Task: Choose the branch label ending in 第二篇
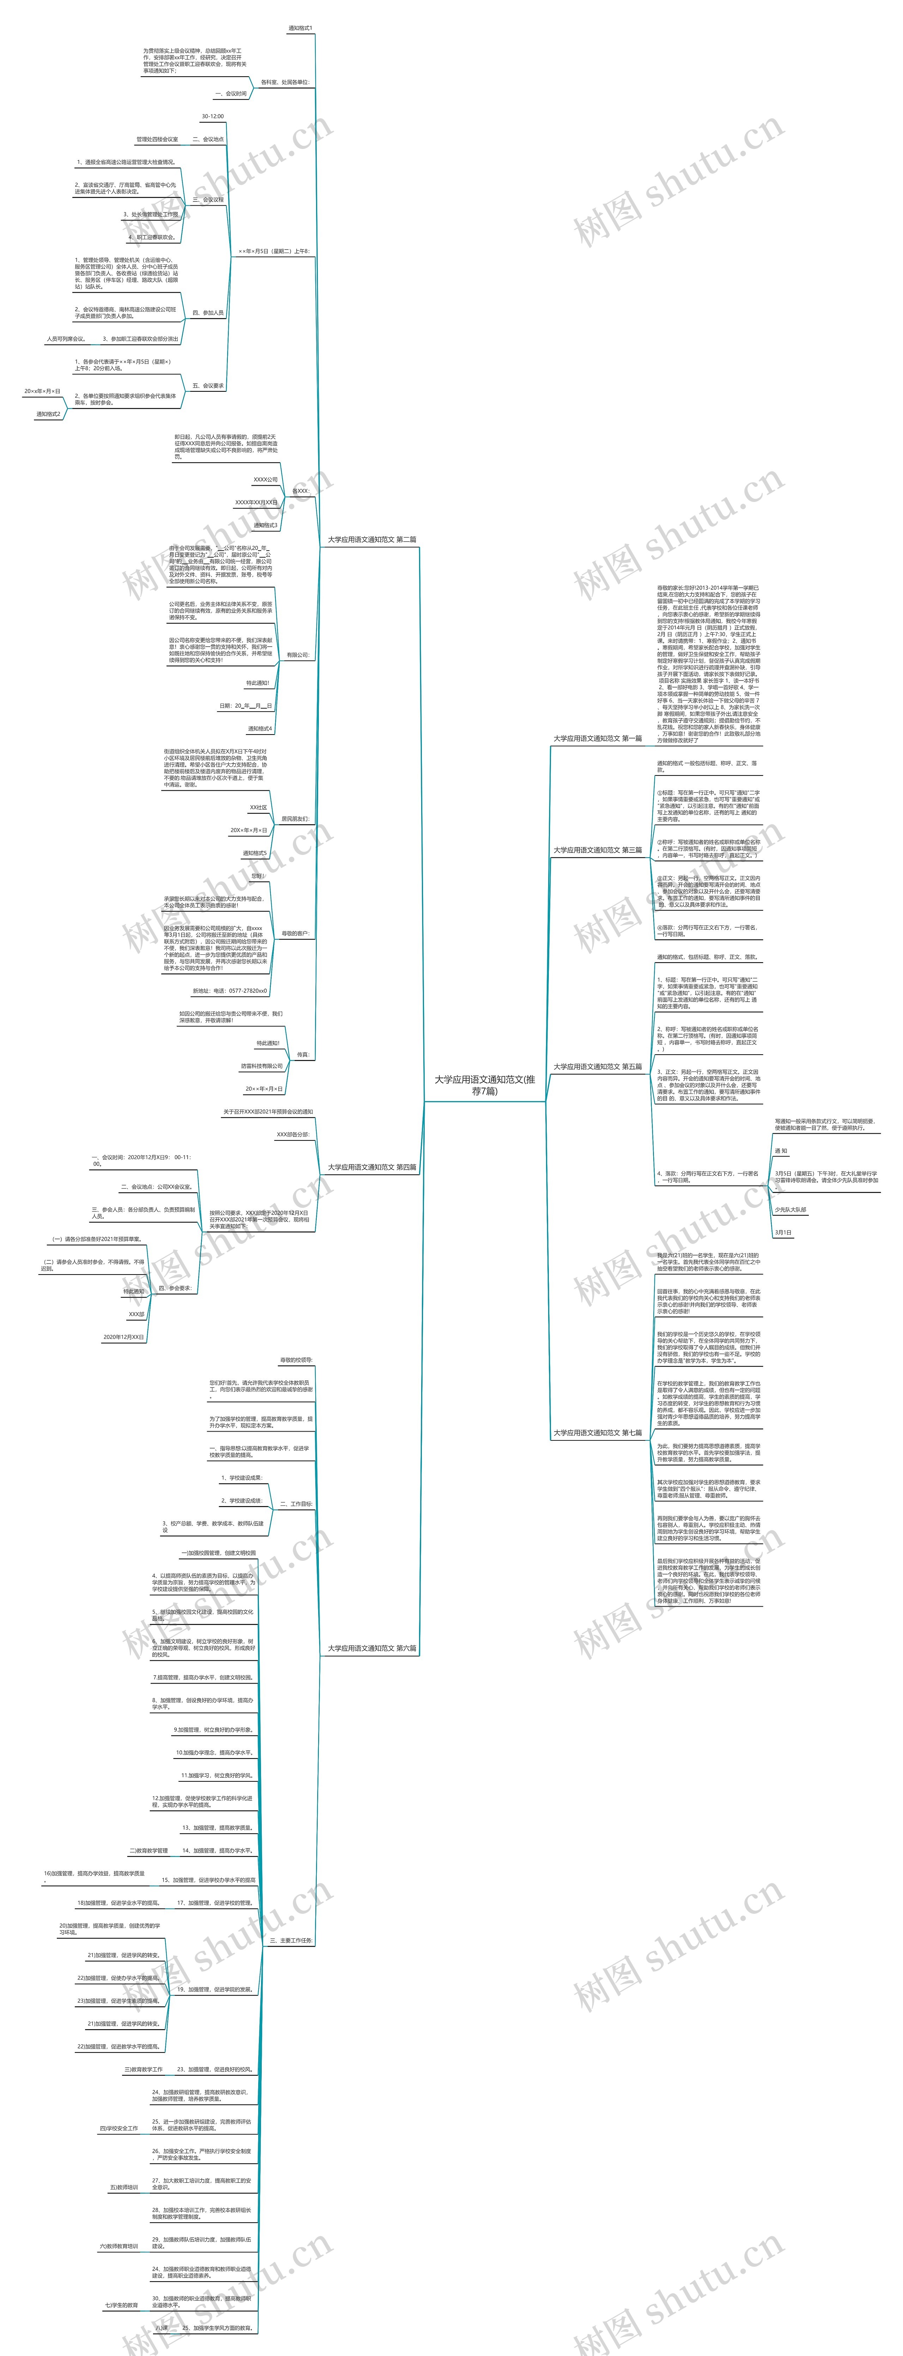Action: tap(372, 540)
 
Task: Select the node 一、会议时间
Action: tap(230, 93)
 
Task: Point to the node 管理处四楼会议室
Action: tap(157, 140)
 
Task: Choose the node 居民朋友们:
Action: tap(294, 820)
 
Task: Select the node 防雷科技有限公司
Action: tap(261, 1066)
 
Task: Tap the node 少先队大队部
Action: tap(790, 1210)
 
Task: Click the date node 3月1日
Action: tap(783, 1233)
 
